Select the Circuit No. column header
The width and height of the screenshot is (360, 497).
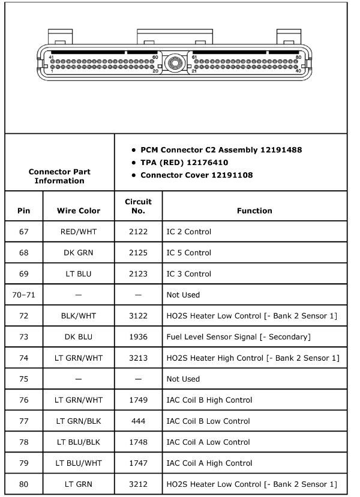tap(138, 206)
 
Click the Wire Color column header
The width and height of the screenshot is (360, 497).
tap(79, 211)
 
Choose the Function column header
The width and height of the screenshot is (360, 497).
tap(254, 211)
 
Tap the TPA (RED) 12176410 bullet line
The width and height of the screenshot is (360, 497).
tap(184, 162)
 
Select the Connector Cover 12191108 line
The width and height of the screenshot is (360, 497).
tap(196, 175)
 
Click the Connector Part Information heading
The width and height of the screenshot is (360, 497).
tap(59, 176)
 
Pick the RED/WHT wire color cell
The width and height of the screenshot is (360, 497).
tap(79, 232)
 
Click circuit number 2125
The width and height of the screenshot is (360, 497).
tap(138, 253)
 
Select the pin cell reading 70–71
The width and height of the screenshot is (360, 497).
tap(23, 295)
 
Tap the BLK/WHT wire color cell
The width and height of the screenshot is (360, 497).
tap(79, 316)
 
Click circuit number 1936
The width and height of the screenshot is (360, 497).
tap(138, 337)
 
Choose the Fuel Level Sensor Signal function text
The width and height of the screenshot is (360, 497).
tap(238, 337)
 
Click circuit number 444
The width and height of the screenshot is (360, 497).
tap(138, 421)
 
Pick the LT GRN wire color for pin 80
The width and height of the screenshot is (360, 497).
tap(79, 484)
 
